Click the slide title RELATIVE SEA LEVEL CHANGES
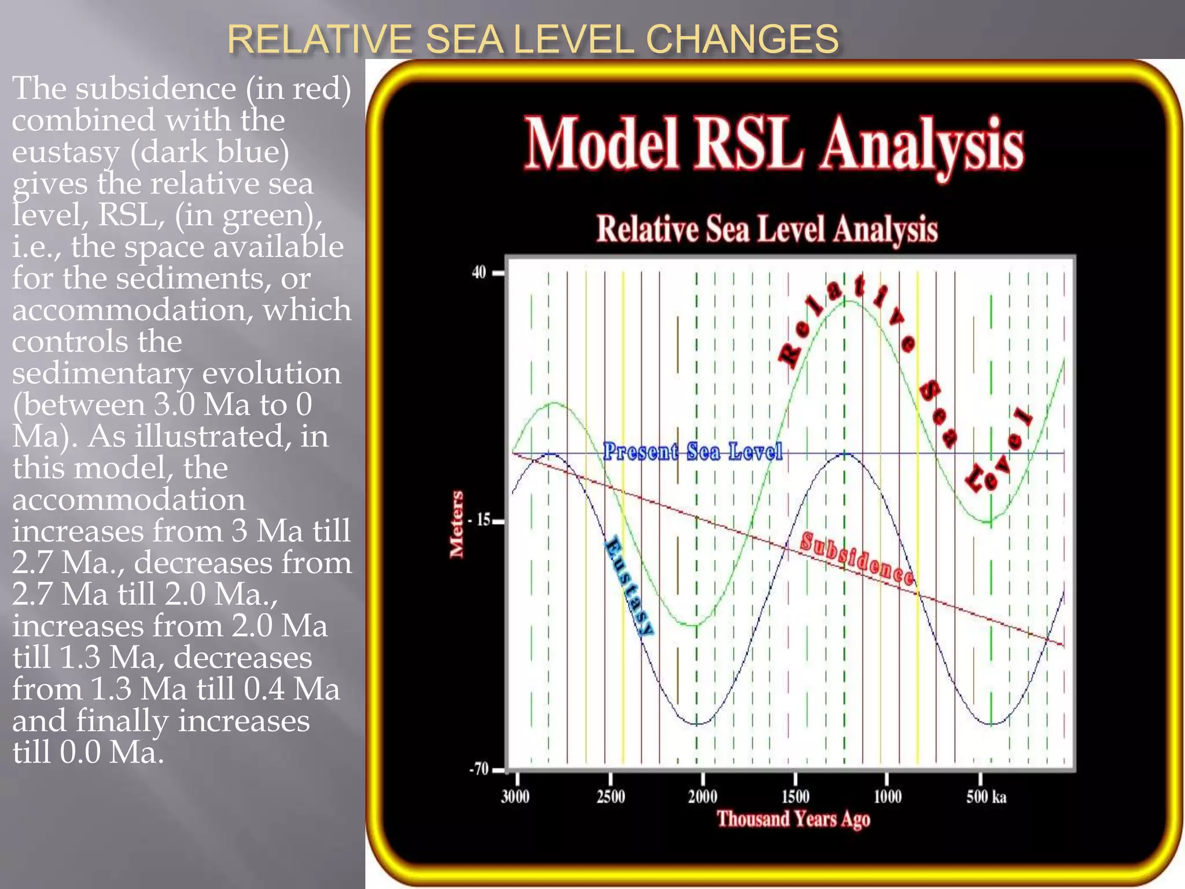click(x=532, y=39)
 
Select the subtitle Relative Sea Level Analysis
click(x=767, y=229)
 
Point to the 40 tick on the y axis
click(x=479, y=272)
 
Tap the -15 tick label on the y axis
click(x=479, y=520)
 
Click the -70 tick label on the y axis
click(x=479, y=769)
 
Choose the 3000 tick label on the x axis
click(x=515, y=797)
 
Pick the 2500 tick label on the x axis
click(x=610, y=797)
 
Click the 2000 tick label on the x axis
click(x=702, y=797)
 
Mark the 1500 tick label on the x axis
click(x=795, y=797)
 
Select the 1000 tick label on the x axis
click(x=887, y=797)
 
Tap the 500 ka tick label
click(x=986, y=797)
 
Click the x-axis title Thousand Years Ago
click(x=793, y=819)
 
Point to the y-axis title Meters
click(x=457, y=524)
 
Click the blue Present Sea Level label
click(x=693, y=451)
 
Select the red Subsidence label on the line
click(x=857, y=559)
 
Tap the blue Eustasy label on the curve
click(x=629, y=586)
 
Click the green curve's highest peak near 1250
click(x=845, y=301)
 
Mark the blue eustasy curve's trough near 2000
click(x=697, y=724)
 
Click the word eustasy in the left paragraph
click(x=66, y=152)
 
